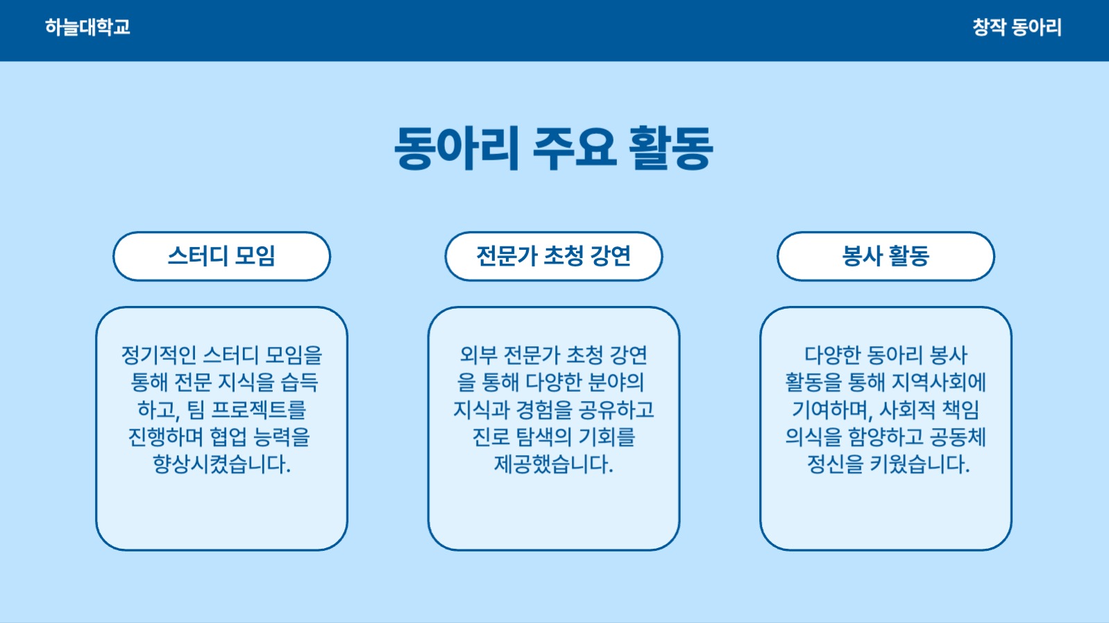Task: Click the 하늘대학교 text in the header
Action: (87, 28)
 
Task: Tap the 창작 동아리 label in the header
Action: (1017, 28)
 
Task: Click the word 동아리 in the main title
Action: (456, 148)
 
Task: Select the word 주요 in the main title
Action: (574, 148)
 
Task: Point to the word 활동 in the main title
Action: (670, 148)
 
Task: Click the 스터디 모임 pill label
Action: (221, 256)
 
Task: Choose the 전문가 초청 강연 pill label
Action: (553, 256)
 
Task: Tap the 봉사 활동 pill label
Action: (886, 256)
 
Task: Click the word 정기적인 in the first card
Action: (159, 355)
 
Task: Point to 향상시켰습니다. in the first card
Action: (221, 464)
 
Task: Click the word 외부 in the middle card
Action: (478, 355)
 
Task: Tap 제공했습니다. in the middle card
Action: (553, 464)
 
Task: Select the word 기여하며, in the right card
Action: (831, 410)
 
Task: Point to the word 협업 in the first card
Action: (228, 437)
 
